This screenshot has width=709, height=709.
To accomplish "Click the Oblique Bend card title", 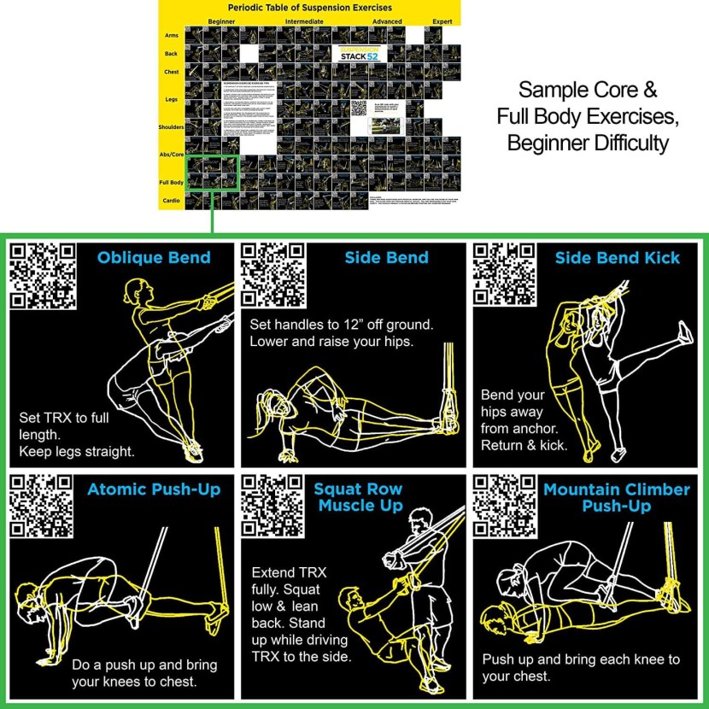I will (154, 257).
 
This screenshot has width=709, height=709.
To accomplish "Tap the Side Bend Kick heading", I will (618, 257).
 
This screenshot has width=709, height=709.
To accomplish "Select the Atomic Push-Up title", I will (154, 489).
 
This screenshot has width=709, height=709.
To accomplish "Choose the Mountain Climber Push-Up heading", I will (616, 497).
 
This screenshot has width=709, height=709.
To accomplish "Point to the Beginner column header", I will (222, 21).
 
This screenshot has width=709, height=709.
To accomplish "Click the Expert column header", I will (442, 21).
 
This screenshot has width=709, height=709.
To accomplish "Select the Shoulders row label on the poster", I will (171, 126).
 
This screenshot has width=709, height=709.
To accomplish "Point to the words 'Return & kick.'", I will (524, 445).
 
